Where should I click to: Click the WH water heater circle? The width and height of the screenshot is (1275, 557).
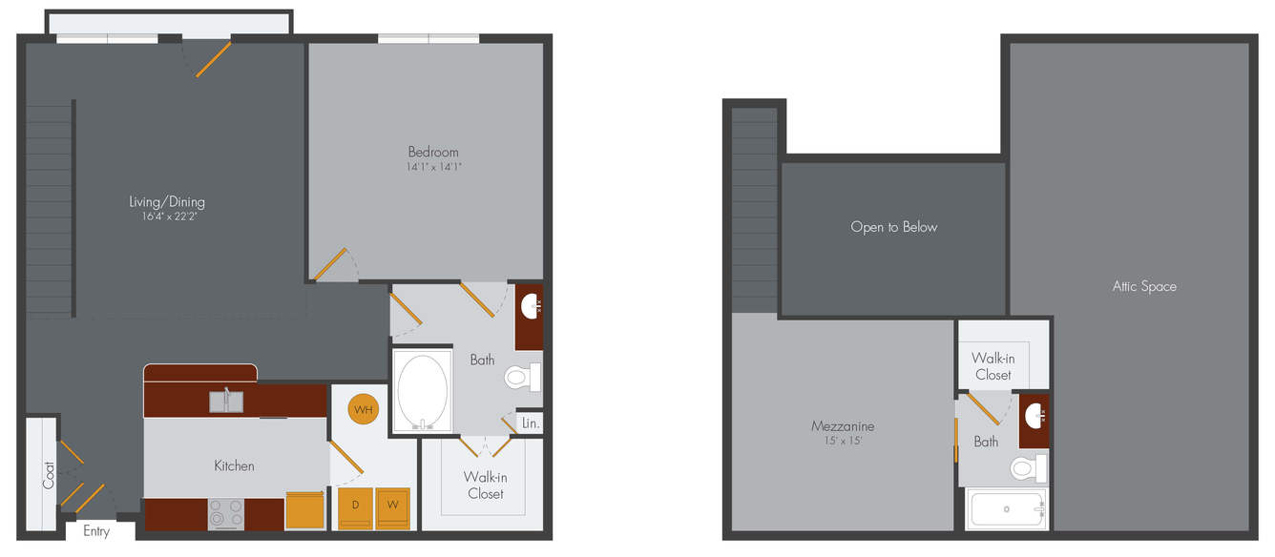[x=364, y=409]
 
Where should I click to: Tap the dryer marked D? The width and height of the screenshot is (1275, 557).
[x=356, y=507]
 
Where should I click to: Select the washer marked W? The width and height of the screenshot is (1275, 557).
[x=393, y=507]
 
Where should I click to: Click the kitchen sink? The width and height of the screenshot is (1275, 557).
[x=226, y=402]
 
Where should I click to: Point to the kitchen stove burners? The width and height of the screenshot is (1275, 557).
[x=226, y=514]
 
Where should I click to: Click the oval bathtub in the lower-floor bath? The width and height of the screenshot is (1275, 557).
[x=423, y=391]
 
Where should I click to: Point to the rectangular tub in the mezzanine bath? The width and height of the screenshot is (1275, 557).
[x=1007, y=508]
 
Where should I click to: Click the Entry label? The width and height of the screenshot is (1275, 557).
[x=96, y=531]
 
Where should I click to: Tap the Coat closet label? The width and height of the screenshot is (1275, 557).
[x=49, y=475]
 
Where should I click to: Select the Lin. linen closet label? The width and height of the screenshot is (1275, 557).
[x=531, y=423]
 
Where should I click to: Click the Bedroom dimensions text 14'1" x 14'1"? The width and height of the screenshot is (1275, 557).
[x=433, y=167]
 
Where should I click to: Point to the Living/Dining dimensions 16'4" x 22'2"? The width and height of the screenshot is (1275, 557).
[x=169, y=217]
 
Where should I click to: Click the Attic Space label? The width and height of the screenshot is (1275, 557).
[x=1144, y=286]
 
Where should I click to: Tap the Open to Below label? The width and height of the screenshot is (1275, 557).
[x=893, y=227]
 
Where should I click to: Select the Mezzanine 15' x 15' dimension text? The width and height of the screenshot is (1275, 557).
[x=843, y=441]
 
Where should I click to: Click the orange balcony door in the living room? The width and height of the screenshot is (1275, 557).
[x=214, y=59]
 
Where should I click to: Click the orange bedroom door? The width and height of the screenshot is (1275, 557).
[x=329, y=264]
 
